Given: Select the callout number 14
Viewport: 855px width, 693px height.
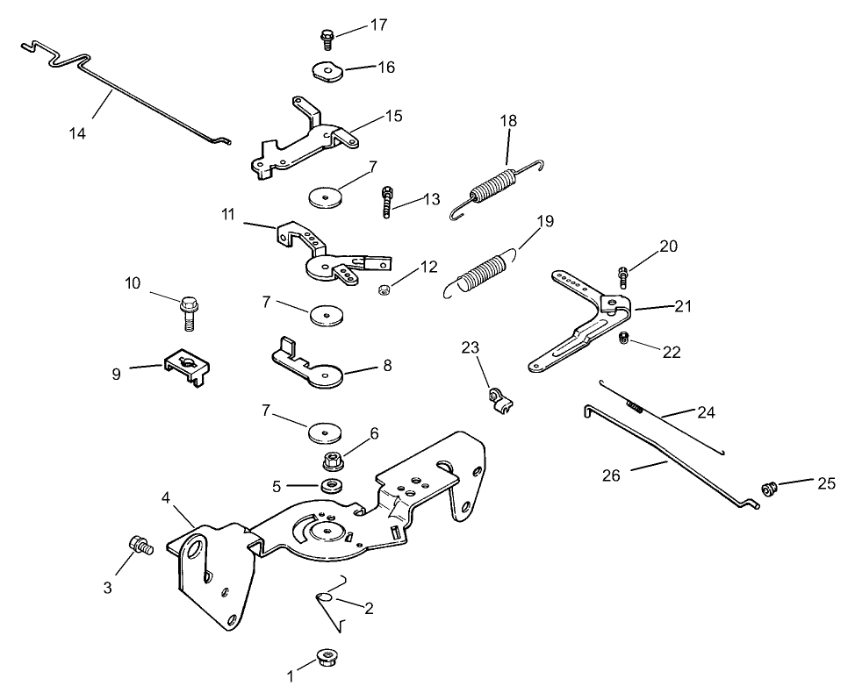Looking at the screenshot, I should (78, 132).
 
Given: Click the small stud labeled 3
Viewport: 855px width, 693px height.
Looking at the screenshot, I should (139, 546).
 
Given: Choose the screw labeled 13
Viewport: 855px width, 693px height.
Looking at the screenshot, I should (386, 204).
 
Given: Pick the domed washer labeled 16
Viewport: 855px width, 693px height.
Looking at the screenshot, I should (327, 70).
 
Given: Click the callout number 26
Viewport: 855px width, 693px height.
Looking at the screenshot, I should (612, 475).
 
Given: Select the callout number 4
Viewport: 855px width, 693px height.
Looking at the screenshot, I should (167, 497).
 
